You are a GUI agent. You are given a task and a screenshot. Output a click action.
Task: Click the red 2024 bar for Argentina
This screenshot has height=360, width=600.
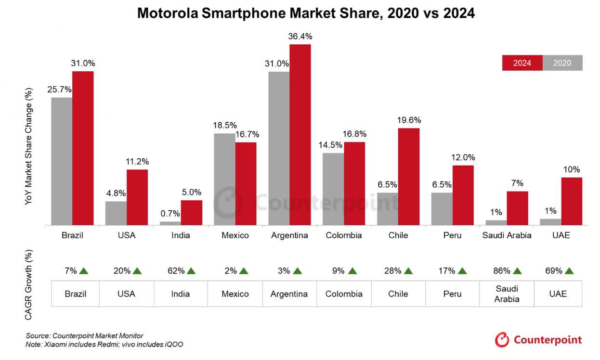coord(300,135)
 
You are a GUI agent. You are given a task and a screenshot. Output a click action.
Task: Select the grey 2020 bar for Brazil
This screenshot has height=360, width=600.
coord(62,161)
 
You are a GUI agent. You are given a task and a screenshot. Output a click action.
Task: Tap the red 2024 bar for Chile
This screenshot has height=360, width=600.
coord(409,177)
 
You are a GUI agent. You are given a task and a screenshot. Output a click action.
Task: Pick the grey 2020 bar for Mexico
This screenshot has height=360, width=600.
coord(224,179)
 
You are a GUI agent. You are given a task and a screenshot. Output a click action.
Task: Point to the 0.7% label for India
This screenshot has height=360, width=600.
coord(170,214)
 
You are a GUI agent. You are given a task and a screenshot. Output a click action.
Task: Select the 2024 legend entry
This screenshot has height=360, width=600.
coord(522,63)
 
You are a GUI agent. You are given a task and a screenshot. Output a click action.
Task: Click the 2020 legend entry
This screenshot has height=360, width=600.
coord(562,63)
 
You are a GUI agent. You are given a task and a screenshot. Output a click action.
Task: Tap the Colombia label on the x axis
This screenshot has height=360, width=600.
coord(344,235)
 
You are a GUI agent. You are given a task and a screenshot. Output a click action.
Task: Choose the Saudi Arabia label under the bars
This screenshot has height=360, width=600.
coord(507,235)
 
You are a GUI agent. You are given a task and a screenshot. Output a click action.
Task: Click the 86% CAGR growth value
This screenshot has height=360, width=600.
coord(501,271)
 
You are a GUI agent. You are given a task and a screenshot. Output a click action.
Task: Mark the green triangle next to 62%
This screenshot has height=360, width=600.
coord(191,271)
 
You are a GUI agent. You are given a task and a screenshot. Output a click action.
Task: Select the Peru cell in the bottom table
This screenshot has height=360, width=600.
coord(452,294)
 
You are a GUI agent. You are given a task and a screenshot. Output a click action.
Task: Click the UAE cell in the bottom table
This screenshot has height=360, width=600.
coord(558,294)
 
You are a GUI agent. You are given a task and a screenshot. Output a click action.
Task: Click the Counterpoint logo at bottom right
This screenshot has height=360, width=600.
coord(538,340)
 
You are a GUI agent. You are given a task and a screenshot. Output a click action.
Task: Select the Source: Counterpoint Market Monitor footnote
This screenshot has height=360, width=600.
coord(85,335)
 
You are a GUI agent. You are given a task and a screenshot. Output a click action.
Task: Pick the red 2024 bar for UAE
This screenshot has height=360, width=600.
coord(572,201)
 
